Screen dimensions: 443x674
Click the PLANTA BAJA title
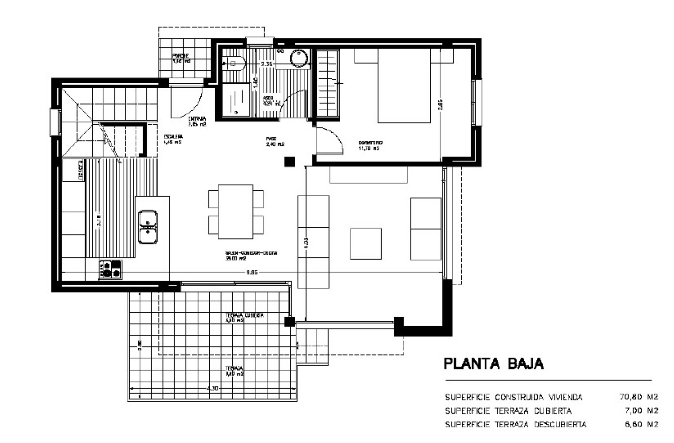(x=493, y=364)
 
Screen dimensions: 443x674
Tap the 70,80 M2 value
(x=638, y=397)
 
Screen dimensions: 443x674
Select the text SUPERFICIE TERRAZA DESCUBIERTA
(x=516, y=425)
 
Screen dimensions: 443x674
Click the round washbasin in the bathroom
(x=299, y=58)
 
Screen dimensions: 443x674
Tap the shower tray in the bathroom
(x=236, y=100)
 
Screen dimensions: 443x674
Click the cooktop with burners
(x=110, y=269)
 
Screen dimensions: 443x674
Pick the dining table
(x=235, y=212)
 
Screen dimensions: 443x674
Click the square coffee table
(x=365, y=244)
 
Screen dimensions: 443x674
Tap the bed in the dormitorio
(x=404, y=86)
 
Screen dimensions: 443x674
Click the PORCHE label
(x=181, y=58)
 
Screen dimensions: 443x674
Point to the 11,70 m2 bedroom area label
(x=369, y=148)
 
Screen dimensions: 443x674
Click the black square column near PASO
(x=290, y=162)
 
